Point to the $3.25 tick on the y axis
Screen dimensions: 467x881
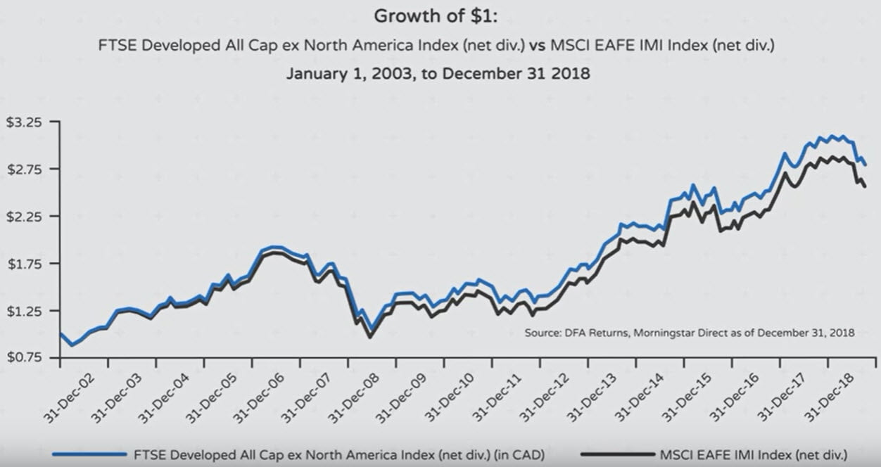[24, 122]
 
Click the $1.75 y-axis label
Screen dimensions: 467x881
[24, 264]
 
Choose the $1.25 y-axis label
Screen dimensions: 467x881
[24, 311]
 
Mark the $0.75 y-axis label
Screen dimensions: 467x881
[24, 358]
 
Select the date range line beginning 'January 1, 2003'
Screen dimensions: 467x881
[438, 74]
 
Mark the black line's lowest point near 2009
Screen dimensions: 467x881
[370, 338]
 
